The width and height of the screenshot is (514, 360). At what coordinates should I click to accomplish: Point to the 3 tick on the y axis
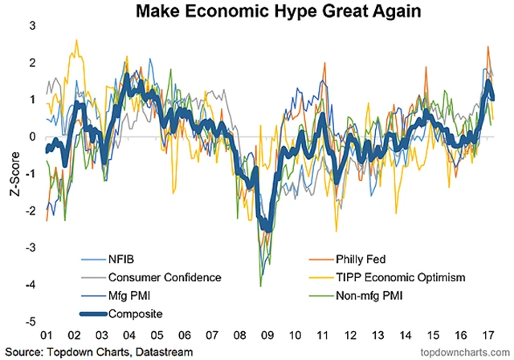(32, 26)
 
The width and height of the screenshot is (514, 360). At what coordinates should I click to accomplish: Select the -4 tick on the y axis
(30, 284)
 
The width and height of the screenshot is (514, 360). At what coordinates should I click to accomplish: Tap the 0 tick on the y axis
(32, 137)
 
